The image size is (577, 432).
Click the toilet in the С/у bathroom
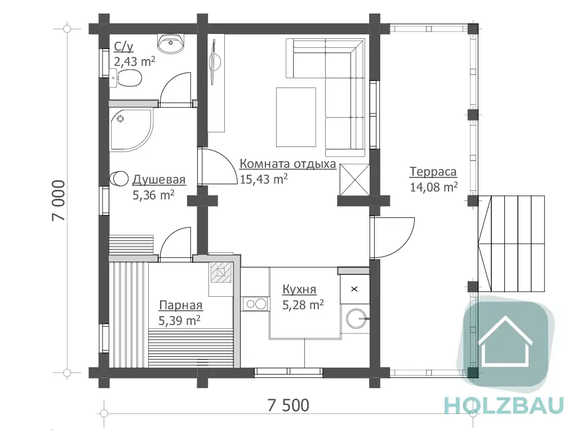pos(126,78)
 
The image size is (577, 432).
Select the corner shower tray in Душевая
pos(131,130)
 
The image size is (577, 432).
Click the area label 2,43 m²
pos(134,61)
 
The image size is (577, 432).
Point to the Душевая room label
pos(159,180)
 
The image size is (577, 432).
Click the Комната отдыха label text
pos(288,163)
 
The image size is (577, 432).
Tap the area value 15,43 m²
pos(264,179)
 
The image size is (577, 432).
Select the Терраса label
pos(433,171)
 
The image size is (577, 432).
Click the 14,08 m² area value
pos(434,187)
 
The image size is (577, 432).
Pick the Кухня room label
pos(299,290)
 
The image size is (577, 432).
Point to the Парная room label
pos(181,305)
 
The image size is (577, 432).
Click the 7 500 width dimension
pos(288,405)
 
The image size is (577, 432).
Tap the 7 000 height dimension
pos(59,201)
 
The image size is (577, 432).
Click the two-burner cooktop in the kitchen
pos(255,304)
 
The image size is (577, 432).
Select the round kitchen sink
pos(356,318)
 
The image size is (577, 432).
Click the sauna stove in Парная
pos(221,272)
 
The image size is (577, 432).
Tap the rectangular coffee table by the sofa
pos(296,117)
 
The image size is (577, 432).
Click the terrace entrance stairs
pos(511,243)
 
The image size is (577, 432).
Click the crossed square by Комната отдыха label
pos(354,180)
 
